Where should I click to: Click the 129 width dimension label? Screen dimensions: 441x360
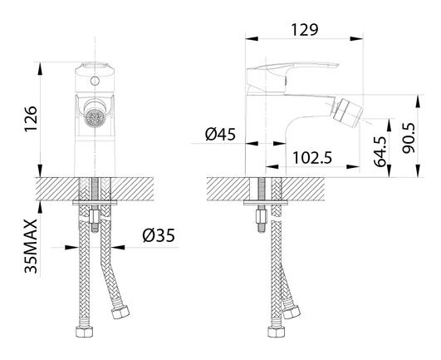(x=304, y=30)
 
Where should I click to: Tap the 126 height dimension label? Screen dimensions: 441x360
(x=31, y=119)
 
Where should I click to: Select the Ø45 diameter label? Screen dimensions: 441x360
(x=220, y=134)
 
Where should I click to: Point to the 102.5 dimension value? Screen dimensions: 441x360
(x=312, y=158)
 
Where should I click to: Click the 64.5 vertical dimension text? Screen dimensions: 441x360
(x=380, y=152)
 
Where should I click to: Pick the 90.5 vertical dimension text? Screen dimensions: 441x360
(x=409, y=138)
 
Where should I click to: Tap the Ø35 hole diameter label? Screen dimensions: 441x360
(x=159, y=235)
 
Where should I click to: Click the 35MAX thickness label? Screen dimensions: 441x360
(x=31, y=246)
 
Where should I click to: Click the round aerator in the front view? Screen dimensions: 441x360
(x=95, y=118)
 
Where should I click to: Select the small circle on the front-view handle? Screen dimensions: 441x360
(x=95, y=81)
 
